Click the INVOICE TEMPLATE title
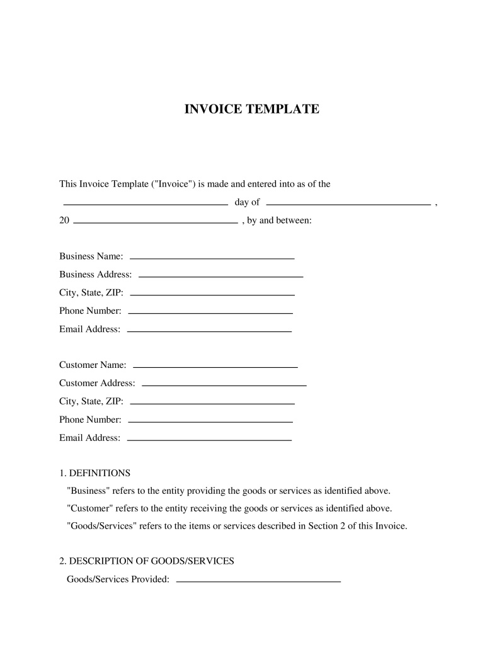(251, 109)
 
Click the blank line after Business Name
(212, 258)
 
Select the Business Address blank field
(220, 277)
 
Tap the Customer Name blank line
(215, 367)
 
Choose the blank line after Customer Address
(224, 384)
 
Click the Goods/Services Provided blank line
(258, 580)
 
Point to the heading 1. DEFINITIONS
(94, 472)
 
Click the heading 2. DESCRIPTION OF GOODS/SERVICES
(146, 561)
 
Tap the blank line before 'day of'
(146, 205)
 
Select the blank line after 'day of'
(348, 205)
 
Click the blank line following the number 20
(156, 222)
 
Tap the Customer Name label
(93, 365)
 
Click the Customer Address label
(97, 383)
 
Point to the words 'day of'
(247, 202)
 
